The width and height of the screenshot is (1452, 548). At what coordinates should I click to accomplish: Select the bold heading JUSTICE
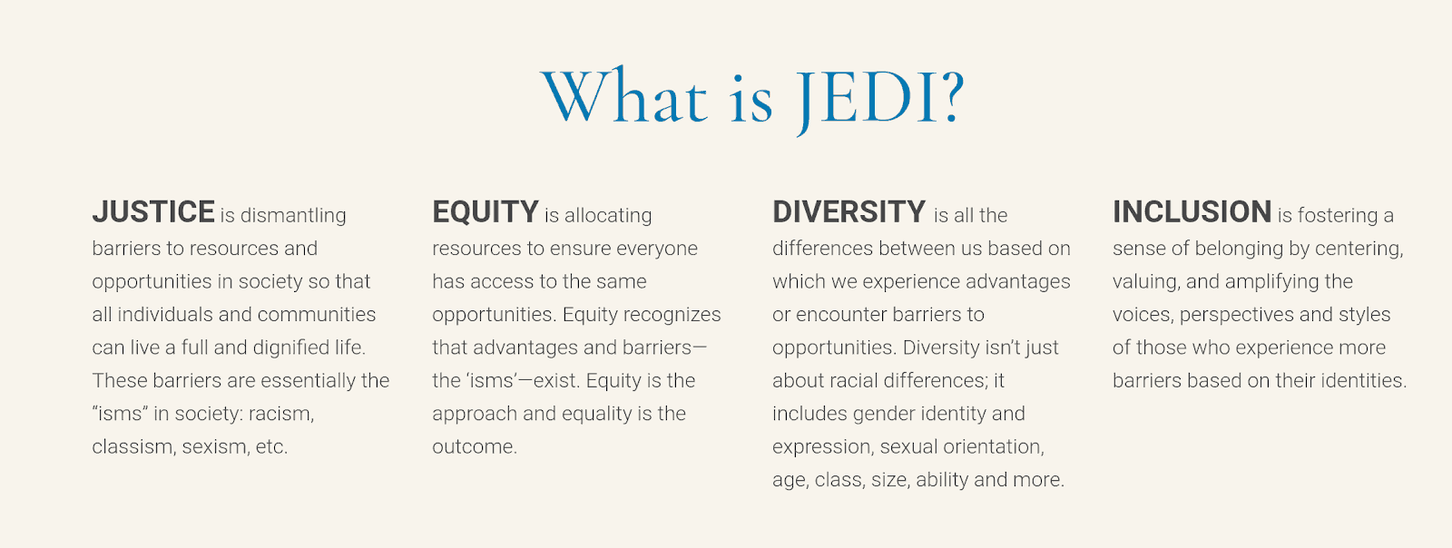(x=153, y=211)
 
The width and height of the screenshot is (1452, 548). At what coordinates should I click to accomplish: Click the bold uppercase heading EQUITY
(x=486, y=211)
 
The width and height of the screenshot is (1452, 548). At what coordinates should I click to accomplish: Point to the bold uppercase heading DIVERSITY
(x=849, y=211)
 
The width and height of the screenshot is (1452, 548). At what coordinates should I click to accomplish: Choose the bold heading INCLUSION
(x=1192, y=211)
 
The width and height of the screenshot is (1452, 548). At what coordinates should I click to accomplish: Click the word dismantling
(x=293, y=216)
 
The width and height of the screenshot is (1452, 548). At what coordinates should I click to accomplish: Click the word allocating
(x=608, y=216)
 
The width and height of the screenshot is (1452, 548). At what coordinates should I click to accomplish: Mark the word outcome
(x=475, y=447)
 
